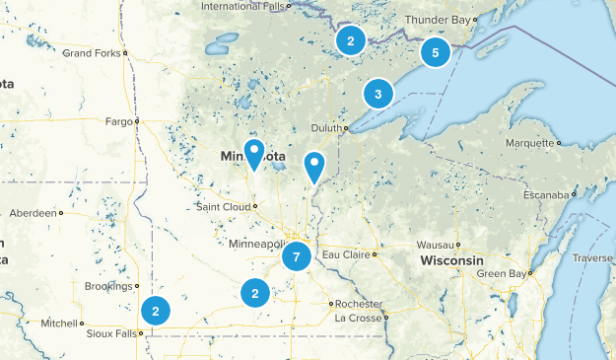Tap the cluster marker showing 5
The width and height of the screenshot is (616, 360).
(435, 52)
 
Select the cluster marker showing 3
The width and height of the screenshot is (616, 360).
(377, 94)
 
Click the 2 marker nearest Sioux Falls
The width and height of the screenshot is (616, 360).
(155, 310)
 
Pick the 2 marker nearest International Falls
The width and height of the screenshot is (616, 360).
(349, 40)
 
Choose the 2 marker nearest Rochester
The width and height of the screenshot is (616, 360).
(255, 293)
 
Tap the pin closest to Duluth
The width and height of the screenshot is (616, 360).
(314, 168)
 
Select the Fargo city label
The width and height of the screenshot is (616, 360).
(118, 121)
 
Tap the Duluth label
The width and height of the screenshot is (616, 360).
(326, 127)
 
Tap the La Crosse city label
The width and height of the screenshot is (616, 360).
(357, 318)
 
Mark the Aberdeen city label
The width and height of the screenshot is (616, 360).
(34, 212)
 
